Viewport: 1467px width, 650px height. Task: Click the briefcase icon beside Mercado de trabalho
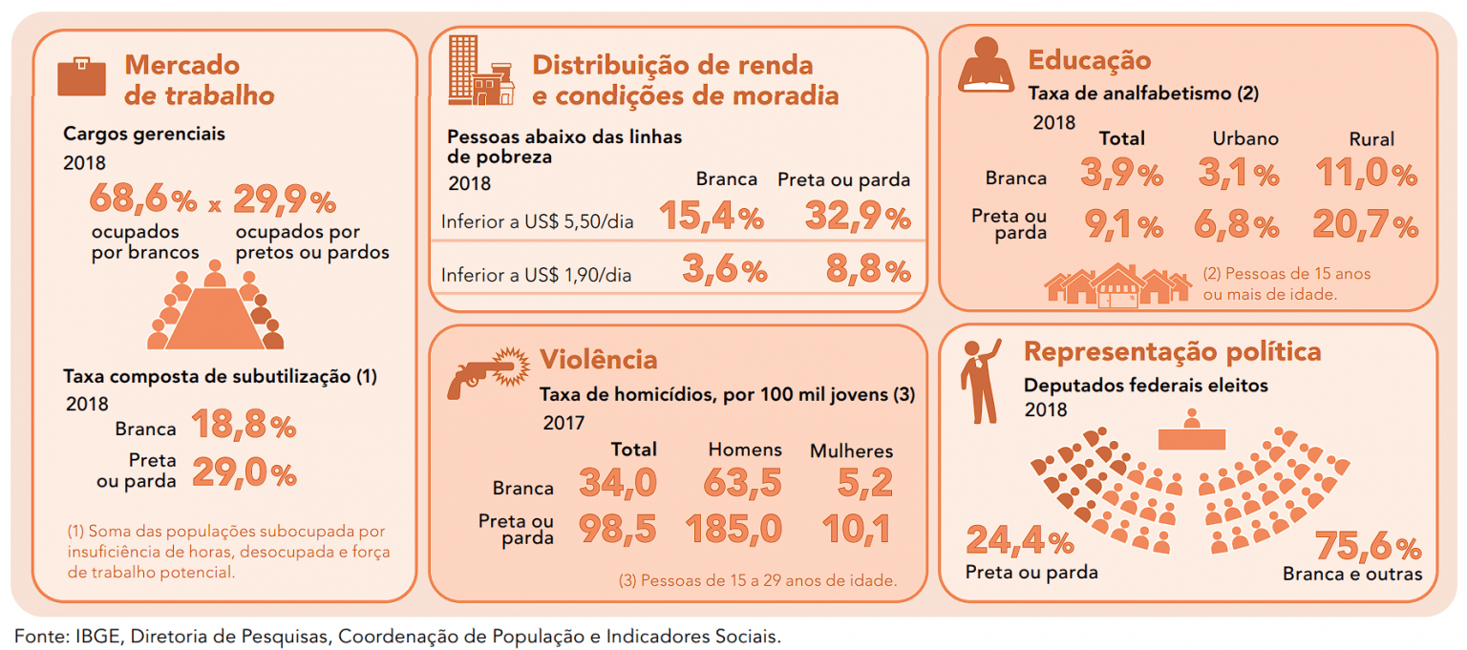81,77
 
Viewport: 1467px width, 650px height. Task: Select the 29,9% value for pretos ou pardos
285,201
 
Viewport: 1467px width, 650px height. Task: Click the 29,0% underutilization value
244,473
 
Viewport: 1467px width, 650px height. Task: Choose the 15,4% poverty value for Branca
711,219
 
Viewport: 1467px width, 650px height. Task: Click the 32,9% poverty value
857,219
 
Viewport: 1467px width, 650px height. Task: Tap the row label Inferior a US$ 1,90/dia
536,275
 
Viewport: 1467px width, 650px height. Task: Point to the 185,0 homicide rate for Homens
733,529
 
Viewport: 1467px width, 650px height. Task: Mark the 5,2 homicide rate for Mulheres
868,484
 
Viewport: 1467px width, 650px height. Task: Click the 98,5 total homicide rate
618,529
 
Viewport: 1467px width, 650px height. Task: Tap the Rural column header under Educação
1371,138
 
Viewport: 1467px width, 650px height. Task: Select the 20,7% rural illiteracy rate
1365,225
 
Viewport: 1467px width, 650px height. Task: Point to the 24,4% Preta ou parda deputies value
1019,542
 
